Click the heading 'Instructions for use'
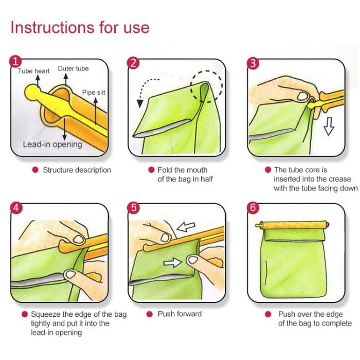[80, 27]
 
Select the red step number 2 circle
[133, 63]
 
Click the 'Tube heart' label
[33, 71]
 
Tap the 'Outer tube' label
[73, 68]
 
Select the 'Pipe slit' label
[94, 93]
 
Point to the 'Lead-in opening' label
[52, 144]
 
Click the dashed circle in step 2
[206, 85]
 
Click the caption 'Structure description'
[77, 170]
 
